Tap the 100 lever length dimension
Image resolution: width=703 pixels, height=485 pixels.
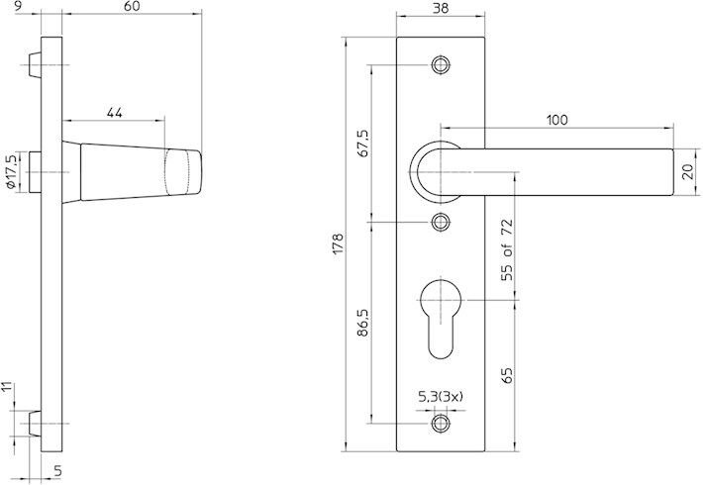(556, 120)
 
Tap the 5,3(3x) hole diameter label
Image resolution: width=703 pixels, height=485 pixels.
(442, 396)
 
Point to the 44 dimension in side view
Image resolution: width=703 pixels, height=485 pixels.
(114, 114)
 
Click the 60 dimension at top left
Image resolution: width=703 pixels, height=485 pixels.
(131, 7)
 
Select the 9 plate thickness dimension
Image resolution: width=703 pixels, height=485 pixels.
(20, 7)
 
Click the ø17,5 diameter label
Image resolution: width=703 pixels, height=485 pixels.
(10, 171)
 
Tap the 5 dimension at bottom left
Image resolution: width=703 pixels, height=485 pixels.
(56, 471)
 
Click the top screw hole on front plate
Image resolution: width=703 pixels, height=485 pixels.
(441, 65)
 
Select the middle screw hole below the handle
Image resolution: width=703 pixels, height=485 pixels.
(441, 221)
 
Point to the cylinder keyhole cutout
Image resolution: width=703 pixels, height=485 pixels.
(441, 314)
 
